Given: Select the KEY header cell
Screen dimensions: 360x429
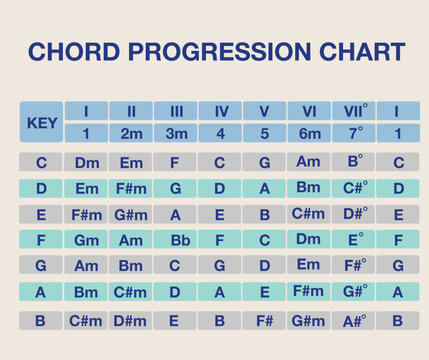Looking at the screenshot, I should click(x=40, y=122).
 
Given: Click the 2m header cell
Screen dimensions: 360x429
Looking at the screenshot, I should click(x=131, y=133).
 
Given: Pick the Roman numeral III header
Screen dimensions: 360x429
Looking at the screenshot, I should click(x=175, y=111).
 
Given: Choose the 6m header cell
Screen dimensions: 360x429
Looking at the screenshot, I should click(x=309, y=133).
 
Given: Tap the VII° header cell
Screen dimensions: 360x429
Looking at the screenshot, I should click(x=354, y=111).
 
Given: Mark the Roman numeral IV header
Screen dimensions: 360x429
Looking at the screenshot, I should click(x=220, y=111).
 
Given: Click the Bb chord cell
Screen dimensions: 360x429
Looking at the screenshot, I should click(x=175, y=240).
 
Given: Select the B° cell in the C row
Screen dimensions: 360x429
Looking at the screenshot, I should click(x=354, y=161).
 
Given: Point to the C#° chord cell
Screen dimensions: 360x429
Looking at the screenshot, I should click(x=354, y=187).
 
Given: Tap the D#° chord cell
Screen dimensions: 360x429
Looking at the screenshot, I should click(x=354, y=214).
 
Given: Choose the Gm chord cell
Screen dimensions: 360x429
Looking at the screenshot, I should click(x=86, y=240).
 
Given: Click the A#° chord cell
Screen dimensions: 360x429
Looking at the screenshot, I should click(x=354, y=321).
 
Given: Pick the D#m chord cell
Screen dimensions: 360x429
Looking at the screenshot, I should click(x=131, y=321).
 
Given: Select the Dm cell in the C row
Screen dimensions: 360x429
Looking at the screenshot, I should click(x=86, y=162).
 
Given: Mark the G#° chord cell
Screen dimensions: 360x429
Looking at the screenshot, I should click(x=354, y=291).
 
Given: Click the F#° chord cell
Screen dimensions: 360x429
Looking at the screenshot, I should click(x=354, y=265).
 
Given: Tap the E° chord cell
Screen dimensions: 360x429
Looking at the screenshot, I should click(x=354, y=240).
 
